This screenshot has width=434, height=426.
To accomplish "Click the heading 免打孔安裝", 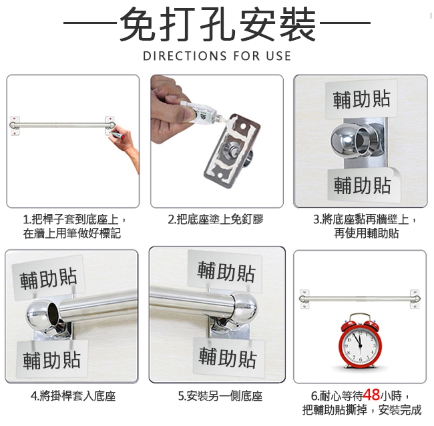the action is [x=218, y=24].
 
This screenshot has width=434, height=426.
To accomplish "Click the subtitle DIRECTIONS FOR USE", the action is [x=217, y=56].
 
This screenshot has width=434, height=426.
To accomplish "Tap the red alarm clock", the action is [x=360, y=341].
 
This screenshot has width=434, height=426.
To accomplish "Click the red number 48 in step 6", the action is [x=371, y=395].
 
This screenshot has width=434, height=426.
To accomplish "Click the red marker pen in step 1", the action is [x=118, y=135].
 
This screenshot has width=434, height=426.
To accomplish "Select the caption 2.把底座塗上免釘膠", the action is [x=216, y=219].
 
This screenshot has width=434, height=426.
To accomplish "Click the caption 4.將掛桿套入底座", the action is [x=73, y=396].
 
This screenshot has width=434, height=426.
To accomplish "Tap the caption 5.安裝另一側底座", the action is [x=220, y=396].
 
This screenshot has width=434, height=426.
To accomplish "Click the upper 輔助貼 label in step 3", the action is [x=361, y=99].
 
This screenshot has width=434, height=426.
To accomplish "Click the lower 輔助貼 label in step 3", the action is [x=363, y=185].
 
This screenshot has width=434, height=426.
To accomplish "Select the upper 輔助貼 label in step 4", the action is [x=48, y=277].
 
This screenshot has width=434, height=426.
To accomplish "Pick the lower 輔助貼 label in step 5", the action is [x=228, y=357].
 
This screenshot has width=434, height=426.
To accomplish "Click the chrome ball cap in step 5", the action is [x=244, y=307].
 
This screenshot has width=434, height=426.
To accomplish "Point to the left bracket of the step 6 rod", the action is [x=304, y=299].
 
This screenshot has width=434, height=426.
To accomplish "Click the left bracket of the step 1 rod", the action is [x=15, y=126].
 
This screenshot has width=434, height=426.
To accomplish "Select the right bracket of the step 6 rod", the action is [x=415, y=299].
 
